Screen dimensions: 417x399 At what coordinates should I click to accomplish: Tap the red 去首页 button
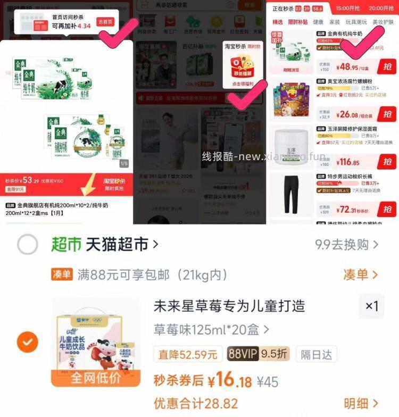pyautogui.click(x=105, y=22)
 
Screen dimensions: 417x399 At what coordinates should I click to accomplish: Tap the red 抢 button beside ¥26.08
pyautogui.click(x=387, y=114)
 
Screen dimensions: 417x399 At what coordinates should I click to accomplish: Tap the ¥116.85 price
pyautogui.click(x=348, y=162)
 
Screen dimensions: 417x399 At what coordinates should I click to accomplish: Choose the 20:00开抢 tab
pyautogui.click(x=382, y=8)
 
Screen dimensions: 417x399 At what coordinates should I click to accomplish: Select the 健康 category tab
pyautogui.click(x=318, y=22)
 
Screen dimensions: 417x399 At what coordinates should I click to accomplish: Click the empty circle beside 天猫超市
pyautogui.click(x=27, y=245)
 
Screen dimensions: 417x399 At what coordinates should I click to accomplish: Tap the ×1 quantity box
pyautogui.click(x=371, y=306)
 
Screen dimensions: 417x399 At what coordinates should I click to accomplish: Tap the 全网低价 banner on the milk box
pyautogui.click(x=96, y=378)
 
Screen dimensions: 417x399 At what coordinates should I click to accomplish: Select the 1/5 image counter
pyautogui.click(x=124, y=163)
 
